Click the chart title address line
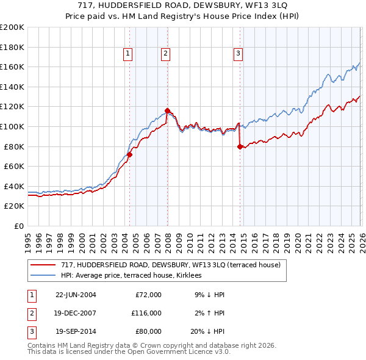coord(183,5)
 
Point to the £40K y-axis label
coord(14,186)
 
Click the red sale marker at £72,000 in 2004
coord(129,154)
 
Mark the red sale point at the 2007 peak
coord(167,110)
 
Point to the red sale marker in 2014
coord(240,146)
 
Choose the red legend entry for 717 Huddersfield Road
coord(170,265)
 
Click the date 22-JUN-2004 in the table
coord(76,295)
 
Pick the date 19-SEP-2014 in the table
coord(76,332)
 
